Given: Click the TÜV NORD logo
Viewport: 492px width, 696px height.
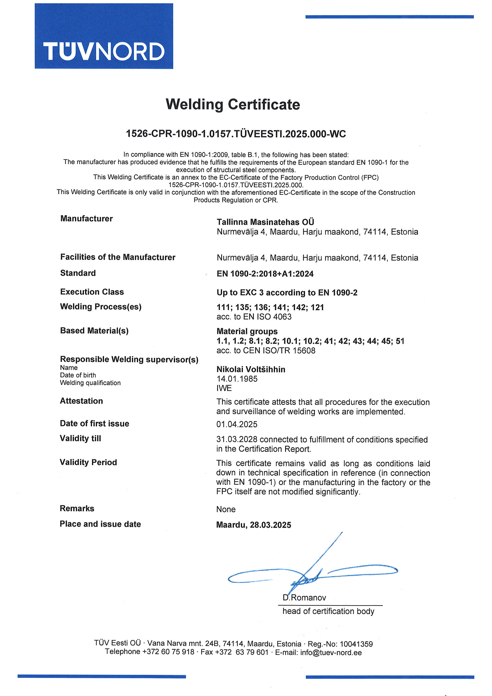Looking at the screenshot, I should click(x=104, y=36).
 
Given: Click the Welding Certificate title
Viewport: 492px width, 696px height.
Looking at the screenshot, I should click(x=232, y=104).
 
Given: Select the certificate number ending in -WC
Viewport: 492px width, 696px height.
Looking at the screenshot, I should click(x=235, y=134).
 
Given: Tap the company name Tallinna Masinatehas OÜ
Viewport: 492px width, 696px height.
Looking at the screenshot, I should click(x=265, y=222).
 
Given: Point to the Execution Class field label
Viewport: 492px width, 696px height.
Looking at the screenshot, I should click(x=92, y=292).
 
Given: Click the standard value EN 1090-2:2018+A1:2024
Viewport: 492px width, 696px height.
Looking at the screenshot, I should click(x=265, y=274).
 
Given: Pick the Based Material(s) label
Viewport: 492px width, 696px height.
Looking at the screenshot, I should click(x=94, y=331).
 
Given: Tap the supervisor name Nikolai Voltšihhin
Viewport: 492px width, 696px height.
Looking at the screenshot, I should click(x=251, y=369).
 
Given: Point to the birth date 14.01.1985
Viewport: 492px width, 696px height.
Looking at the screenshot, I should click(x=237, y=379).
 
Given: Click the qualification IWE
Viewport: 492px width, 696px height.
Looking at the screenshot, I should click(x=224, y=388).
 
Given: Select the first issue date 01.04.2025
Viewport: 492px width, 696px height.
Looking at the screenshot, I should click(x=237, y=425).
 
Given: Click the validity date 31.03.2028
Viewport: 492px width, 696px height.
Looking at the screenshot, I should click(x=237, y=440).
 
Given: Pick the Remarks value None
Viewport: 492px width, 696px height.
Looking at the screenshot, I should click(x=226, y=509).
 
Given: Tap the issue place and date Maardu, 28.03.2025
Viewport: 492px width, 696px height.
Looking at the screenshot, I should click(x=253, y=525).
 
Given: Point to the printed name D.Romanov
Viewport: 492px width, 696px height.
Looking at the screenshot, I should click(x=304, y=598).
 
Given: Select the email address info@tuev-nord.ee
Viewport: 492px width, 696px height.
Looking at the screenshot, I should click(x=331, y=653).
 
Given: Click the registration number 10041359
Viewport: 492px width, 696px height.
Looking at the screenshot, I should click(x=356, y=644).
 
